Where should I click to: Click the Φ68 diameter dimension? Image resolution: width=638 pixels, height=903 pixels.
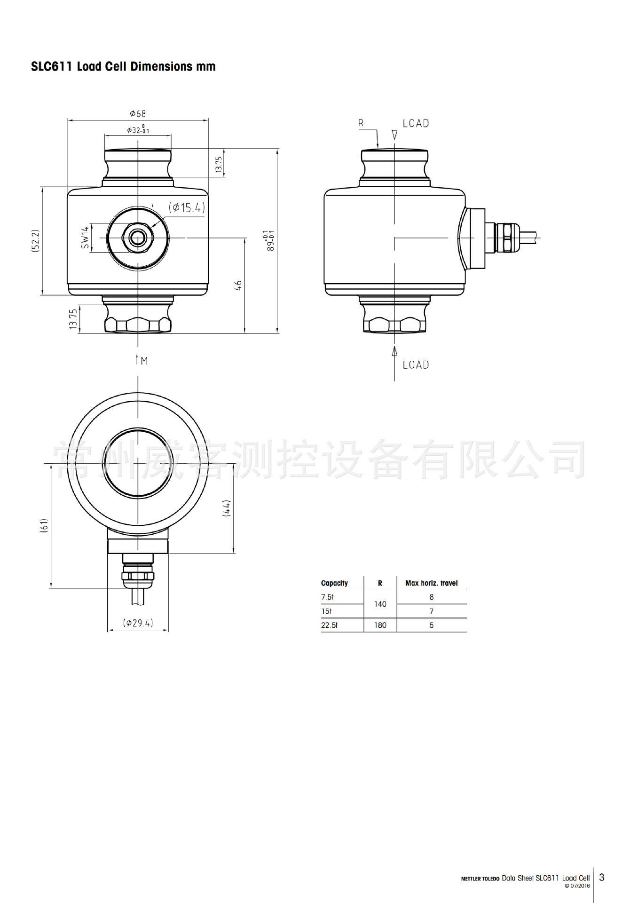[138, 113]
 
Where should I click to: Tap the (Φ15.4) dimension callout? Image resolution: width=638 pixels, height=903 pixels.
[187, 207]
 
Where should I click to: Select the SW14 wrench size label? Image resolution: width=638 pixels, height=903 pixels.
[85, 238]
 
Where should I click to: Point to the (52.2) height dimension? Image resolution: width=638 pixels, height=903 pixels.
[36, 241]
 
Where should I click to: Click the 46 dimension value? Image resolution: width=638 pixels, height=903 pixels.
[238, 285]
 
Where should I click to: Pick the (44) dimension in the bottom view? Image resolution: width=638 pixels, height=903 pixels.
[227, 508]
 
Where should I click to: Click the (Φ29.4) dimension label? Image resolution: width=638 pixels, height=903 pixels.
[138, 623]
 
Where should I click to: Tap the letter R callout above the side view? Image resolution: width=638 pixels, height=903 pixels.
[361, 123]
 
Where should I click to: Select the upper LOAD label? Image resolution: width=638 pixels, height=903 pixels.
[416, 123]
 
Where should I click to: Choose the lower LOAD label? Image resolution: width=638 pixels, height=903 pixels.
[416, 365]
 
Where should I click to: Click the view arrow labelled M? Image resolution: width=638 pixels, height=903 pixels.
[142, 361]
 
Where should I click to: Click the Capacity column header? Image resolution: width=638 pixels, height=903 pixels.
[334, 583]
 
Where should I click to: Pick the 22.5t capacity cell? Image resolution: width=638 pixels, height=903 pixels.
[329, 625]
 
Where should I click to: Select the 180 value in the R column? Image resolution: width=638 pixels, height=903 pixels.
[380, 625]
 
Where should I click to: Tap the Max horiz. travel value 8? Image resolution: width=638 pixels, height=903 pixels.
[431, 597]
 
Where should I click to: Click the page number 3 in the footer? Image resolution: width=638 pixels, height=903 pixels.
[602, 877]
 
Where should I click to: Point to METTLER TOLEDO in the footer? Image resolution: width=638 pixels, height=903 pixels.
[480, 879]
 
